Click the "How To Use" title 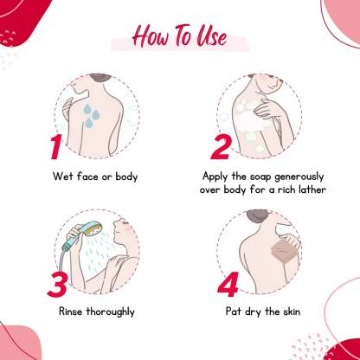[179, 36]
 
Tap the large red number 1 [55, 146]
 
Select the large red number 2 [222, 147]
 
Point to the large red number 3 [58, 285]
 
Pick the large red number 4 [228, 285]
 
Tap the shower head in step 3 [93, 228]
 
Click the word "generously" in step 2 [299, 177]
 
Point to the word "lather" [312, 190]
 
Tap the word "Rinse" [70, 312]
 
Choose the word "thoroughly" [111, 312]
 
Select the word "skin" [292, 312]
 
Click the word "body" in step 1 [126, 177]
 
